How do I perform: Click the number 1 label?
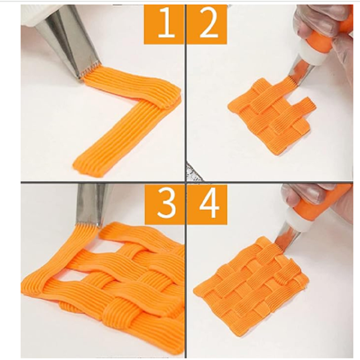[x=164, y=24]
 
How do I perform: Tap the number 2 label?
[x=207, y=24]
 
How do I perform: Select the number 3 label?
[x=164, y=204]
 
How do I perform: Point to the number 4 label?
[x=207, y=204]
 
